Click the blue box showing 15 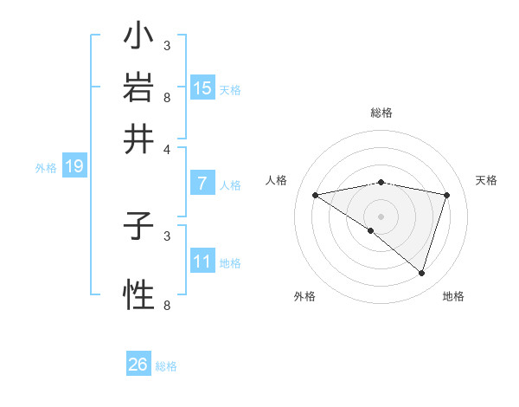click(202, 87)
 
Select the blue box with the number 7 click(202, 184)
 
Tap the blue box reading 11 click(202, 262)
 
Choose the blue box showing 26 click(138, 365)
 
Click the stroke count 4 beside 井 click(167, 148)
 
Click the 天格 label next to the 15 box click(230, 89)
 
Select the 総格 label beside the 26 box click(166, 366)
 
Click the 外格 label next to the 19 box click(46, 168)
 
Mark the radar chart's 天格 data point click(447, 195)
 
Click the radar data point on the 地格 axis click(422, 273)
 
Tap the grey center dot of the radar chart click(381, 216)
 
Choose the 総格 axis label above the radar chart click(381, 113)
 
